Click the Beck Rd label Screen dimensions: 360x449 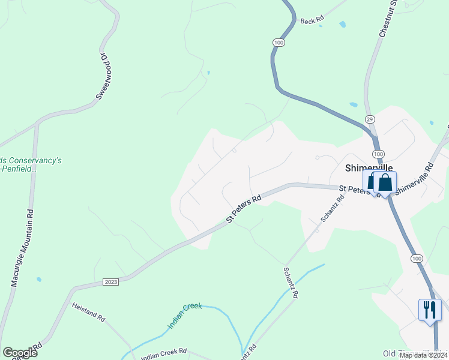[312, 20]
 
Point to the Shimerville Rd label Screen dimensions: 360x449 [414, 178]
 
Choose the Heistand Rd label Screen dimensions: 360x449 [88, 311]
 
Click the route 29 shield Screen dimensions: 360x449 [370, 119]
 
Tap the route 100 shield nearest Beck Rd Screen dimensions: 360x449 [279, 43]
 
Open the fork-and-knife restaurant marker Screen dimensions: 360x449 [430, 310]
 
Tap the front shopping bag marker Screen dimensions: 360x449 [385, 183]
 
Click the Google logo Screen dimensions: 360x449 [20, 353]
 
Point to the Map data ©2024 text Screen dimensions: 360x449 [423, 355]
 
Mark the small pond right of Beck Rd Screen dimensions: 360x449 [342, 25]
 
